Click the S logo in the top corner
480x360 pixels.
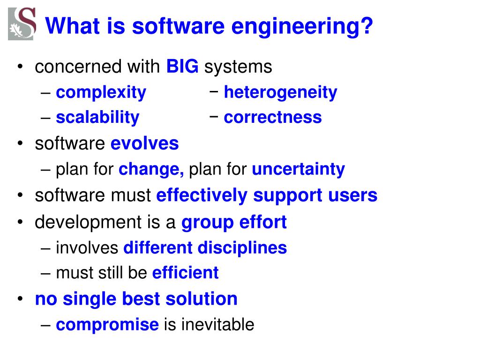click(22, 24)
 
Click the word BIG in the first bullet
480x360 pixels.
click(182, 67)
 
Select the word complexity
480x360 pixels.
click(101, 92)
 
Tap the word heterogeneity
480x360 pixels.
click(280, 92)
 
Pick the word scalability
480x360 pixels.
click(97, 117)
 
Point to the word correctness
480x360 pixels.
click(273, 117)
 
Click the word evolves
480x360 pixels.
click(144, 143)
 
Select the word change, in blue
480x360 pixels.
click(151, 169)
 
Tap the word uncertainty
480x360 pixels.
click(298, 169)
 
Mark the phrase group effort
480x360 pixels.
click(234, 222)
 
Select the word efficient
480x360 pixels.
click(185, 272)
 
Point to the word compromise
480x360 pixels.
click(107, 324)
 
